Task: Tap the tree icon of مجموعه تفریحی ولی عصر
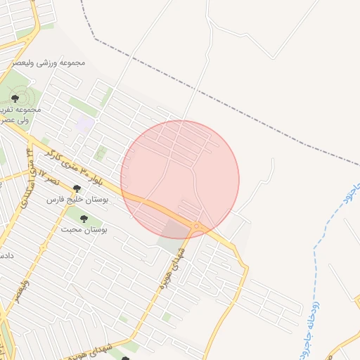tap(15, 99)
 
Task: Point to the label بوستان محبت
tap(83, 230)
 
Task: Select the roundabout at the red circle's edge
tap(196, 226)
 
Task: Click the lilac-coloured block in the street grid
tap(85, 124)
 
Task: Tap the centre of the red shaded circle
tap(180, 179)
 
